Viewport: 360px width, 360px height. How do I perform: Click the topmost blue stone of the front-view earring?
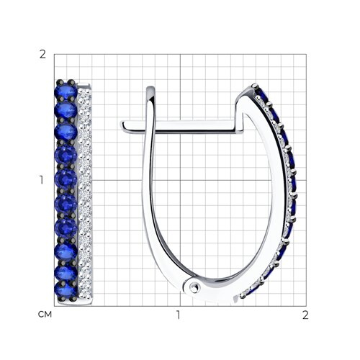tap(66, 91)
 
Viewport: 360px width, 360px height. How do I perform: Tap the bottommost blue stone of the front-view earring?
tap(66, 289)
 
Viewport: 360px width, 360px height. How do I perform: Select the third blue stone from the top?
tap(66, 131)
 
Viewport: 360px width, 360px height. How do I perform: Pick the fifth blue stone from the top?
tap(66, 178)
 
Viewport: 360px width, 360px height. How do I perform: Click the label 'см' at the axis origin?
tap(45, 314)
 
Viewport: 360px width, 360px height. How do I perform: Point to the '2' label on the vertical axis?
tap(42, 55)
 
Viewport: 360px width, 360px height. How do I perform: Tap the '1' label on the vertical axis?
tap(42, 180)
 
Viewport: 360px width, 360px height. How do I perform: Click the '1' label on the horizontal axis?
tap(178, 315)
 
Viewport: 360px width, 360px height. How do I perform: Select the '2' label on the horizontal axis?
tap(305, 315)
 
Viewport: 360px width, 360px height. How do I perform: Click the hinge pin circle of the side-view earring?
tap(194, 287)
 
